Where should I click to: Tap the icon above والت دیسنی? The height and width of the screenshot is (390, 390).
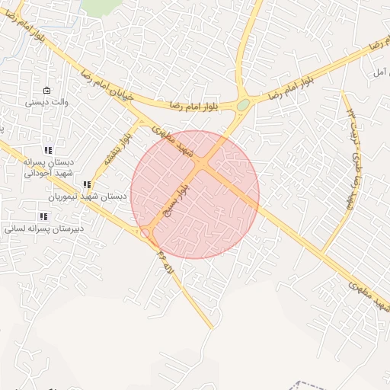click(47, 90)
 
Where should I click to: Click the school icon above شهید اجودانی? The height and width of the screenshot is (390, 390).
click(48, 151)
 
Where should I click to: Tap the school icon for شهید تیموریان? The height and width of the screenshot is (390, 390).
click(87, 185)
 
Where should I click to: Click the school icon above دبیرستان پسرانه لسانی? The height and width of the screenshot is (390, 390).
click(43, 216)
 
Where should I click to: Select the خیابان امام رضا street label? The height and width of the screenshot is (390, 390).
click(107, 85)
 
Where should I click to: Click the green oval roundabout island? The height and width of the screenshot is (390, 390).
click(242, 104)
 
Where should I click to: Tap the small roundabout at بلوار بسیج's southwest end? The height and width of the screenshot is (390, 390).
click(145, 233)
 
